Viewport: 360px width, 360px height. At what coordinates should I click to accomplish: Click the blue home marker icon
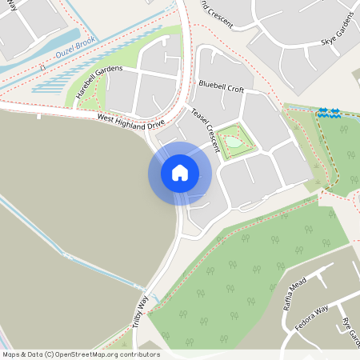click(180, 173)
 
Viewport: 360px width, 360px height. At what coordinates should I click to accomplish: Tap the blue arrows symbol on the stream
click(329, 112)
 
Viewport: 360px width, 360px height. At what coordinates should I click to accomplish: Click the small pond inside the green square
click(233, 142)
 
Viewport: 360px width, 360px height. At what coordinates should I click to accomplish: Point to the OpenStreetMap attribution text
click(81, 354)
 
